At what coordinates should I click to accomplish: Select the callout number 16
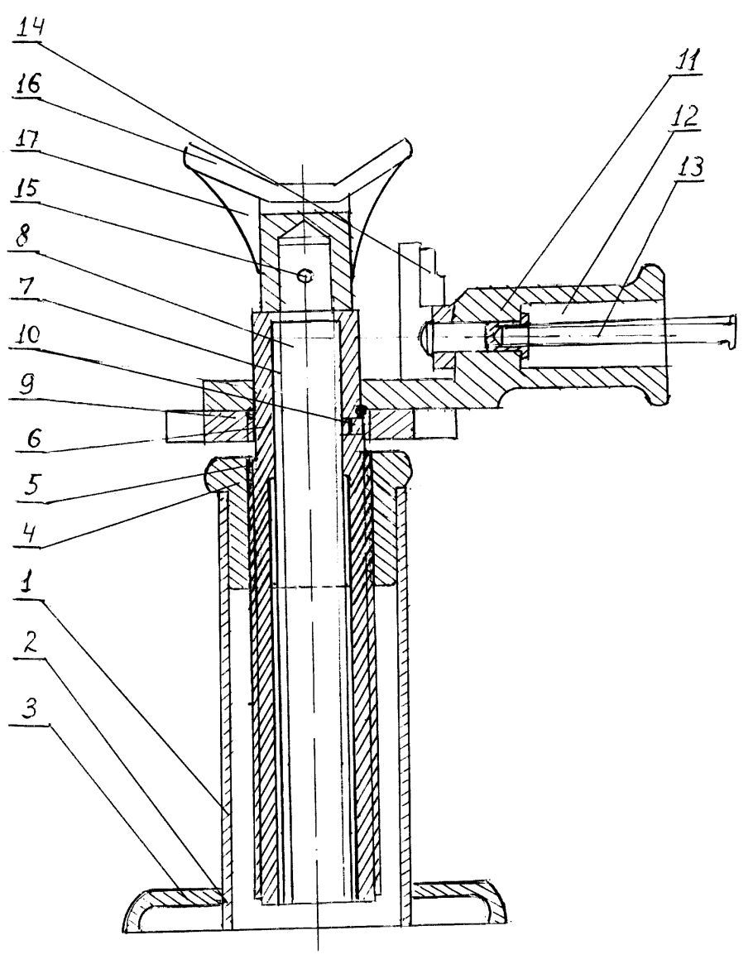pyautogui.click(x=27, y=84)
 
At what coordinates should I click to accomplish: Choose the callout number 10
pyautogui.click(x=26, y=336)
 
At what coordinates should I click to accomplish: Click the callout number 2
pyautogui.click(x=28, y=642)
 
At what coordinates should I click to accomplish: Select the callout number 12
pyautogui.click(x=688, y=115)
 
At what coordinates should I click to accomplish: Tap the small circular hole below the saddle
pyautogui.click(x=305, y=276)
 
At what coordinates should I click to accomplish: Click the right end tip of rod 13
pyautogui.click(x=734, y=331)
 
